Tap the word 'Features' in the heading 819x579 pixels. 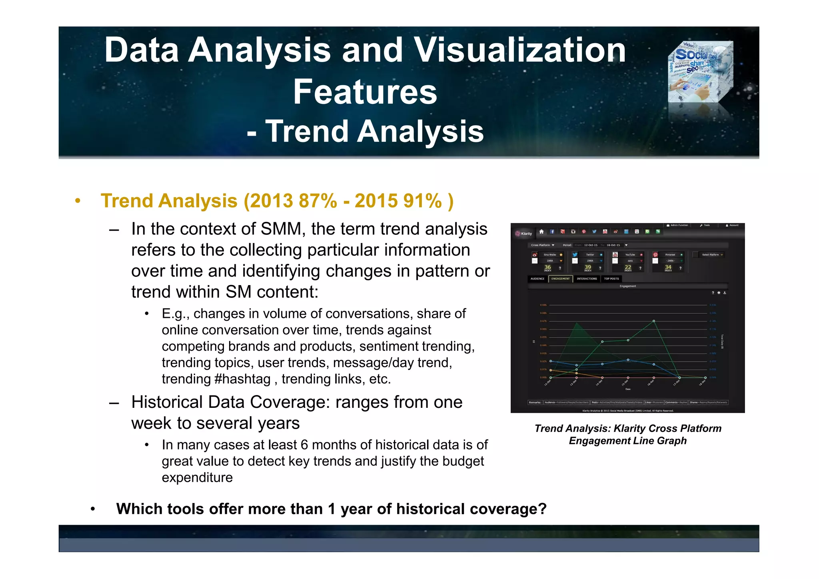[x=365, y=92]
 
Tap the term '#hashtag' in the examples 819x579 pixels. [x=242, y=379]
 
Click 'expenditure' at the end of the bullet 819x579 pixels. [x=197, y=477]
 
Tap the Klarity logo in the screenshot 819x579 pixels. [x=524, y=234]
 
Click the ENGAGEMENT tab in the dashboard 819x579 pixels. [x=560, y=279]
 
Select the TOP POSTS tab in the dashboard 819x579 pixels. [x=611, y=279]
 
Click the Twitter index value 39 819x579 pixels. [x=587, y=267]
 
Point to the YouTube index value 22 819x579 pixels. [x=628, y=267]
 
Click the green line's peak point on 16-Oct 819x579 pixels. [x=654, y=321]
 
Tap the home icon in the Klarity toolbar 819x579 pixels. [x=541, y=232]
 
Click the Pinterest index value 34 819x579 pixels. [x=668, y=267]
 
